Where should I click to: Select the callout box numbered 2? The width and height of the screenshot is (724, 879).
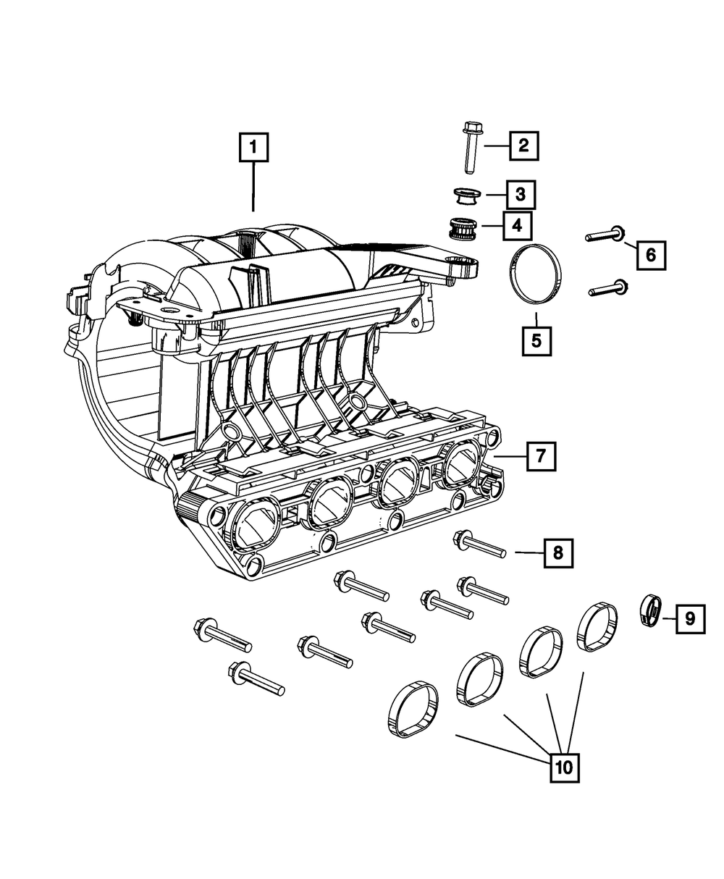[523, 146]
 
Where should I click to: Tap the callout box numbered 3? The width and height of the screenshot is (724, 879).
[521, 194]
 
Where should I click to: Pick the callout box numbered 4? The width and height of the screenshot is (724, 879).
[516, 226]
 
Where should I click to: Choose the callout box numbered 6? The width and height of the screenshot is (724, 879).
[650, 254]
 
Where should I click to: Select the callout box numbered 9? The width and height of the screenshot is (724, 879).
[689, 618]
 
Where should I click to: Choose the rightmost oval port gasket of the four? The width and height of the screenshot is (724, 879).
[597, 626]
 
